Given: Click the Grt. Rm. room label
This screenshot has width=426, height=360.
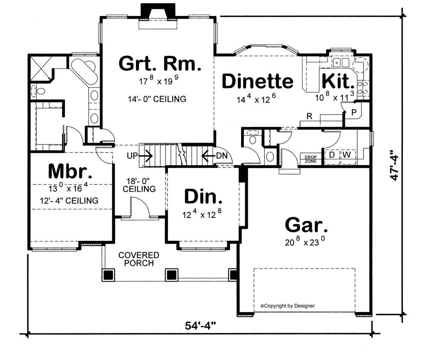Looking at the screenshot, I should coord(160,64).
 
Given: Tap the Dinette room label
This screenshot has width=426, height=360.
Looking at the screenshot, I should coord(257,81).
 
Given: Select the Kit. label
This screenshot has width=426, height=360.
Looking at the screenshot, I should coord(338,81).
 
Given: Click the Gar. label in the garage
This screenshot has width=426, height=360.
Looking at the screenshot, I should coord(306,225).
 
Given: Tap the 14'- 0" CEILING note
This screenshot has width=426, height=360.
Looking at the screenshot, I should coord(157,99).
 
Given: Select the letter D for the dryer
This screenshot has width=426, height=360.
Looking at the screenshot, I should coord(332,155).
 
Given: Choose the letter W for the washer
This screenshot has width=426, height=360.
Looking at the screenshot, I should coord(346,155).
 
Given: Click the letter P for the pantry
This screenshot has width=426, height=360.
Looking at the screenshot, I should coord(354,112).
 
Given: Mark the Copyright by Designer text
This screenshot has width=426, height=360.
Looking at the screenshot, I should coord(288,305).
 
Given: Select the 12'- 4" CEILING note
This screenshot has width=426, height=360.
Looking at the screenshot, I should coord(69,201).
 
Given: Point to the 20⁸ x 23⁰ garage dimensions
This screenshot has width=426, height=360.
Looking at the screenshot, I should coord(305,243).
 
